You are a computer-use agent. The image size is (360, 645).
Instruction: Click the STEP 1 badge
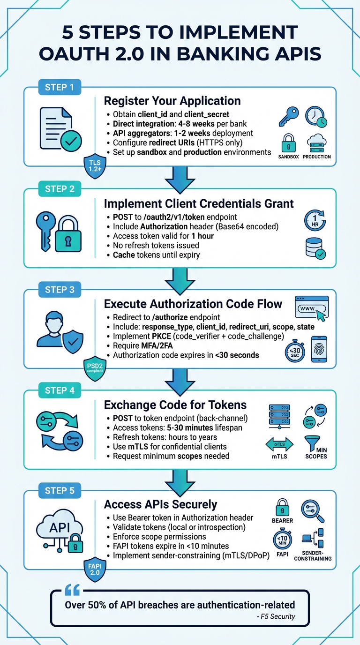point(59,87)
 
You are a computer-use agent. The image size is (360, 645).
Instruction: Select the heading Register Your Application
point(172,101)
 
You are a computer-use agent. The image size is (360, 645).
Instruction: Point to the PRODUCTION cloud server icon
point(316,142)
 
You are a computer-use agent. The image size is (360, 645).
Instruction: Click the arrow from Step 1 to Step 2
point(180,180)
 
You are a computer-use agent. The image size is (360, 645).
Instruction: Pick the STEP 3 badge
point(59,290)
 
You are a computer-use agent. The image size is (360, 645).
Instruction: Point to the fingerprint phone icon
point(319,349)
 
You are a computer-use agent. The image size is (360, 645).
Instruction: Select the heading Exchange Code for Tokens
point(175,405)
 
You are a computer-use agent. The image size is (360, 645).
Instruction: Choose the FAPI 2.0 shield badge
point(95,569)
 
